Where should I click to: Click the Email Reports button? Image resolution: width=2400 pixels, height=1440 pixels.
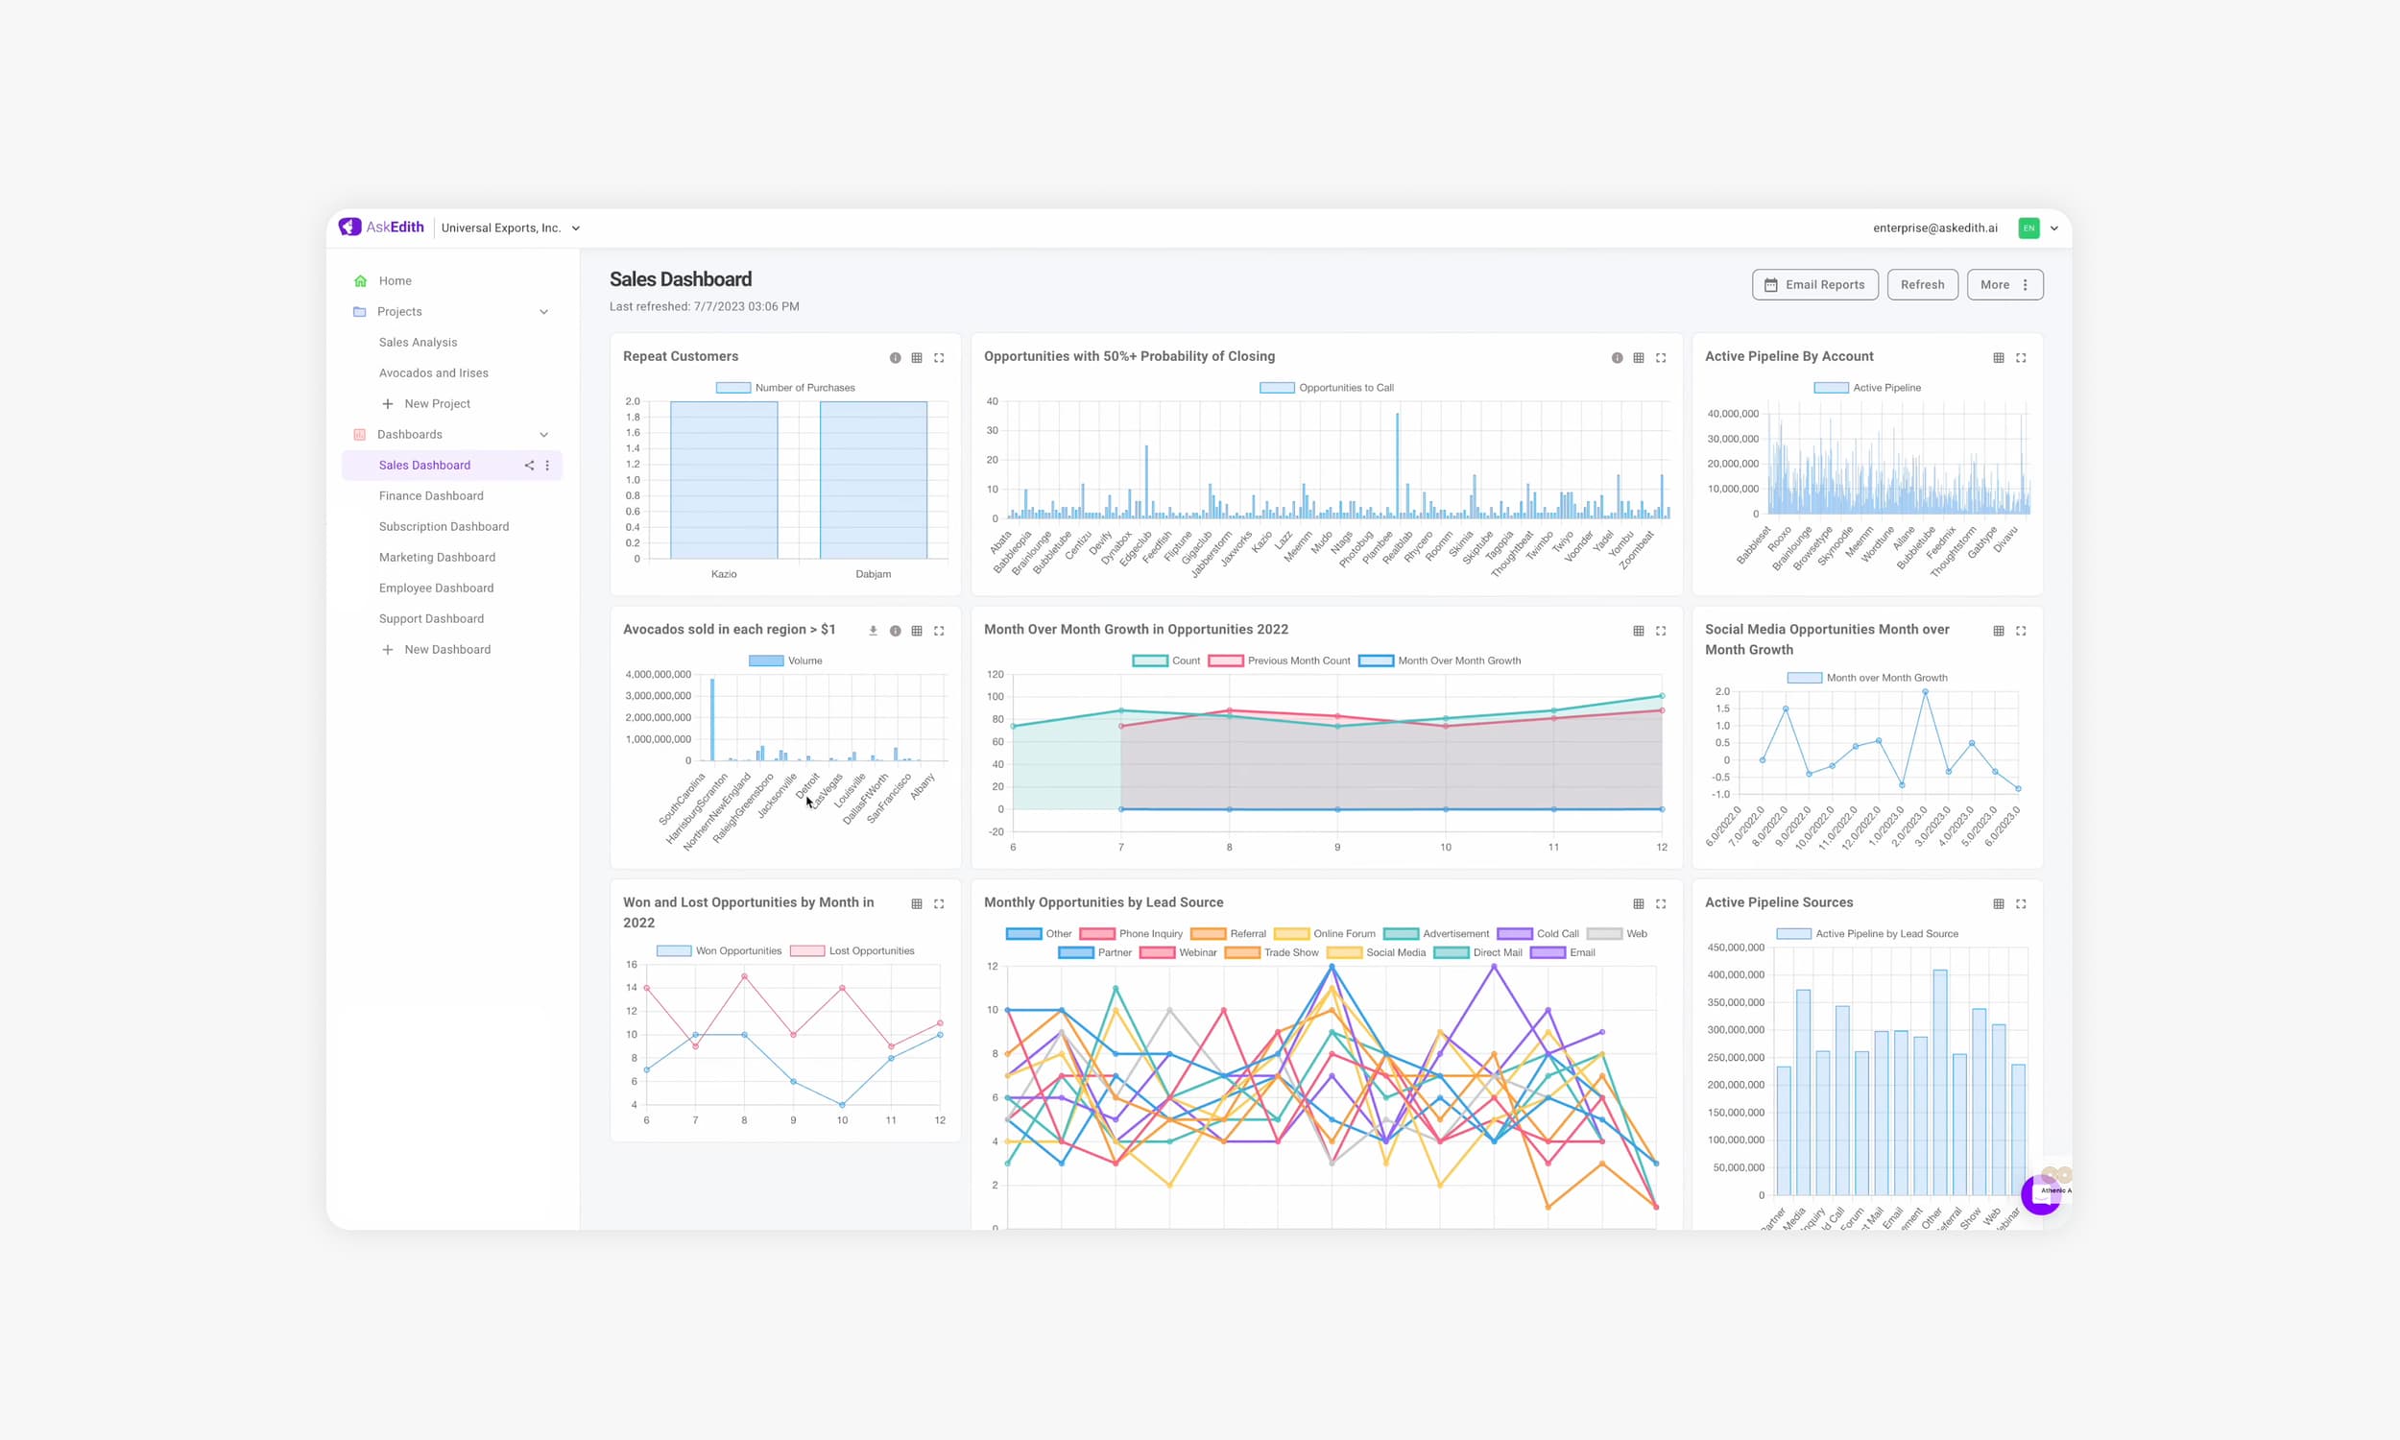(1814, 284)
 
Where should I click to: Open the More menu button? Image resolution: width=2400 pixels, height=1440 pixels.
(2004, 284)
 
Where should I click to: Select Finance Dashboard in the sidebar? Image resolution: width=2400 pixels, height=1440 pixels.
(431, 496)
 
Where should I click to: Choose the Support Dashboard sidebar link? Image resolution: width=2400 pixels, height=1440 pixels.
(431, 618)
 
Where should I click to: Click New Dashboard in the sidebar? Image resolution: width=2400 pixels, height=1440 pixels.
(446, 649)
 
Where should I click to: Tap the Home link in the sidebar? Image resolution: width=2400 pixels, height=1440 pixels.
(395, 280)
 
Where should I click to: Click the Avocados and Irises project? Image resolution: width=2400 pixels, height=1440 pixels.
(433, 372)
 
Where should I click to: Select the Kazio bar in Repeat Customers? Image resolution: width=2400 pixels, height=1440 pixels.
(724, 480)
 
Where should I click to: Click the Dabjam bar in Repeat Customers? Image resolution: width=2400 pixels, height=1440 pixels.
(873, 480)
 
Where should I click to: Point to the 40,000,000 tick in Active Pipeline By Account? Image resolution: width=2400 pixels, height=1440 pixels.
(1732, 414)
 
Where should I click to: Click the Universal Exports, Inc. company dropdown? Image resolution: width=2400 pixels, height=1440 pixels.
(511, 228)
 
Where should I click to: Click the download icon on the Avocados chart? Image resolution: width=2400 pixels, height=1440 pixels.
(872, 631)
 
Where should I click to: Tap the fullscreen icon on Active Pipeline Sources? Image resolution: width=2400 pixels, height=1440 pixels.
(2021, 903)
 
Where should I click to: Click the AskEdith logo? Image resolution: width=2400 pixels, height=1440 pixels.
(381, 228)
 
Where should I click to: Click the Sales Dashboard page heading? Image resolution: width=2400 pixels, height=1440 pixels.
(680, 279)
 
